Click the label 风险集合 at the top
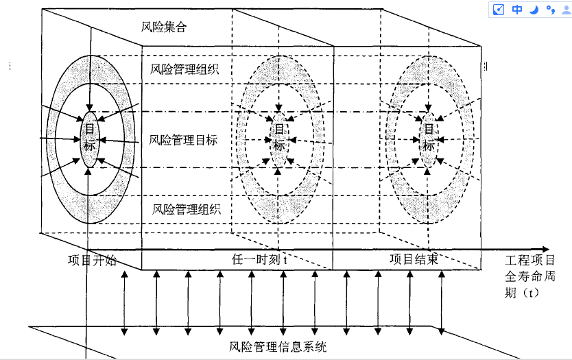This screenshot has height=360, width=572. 163,28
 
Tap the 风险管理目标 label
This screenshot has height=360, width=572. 183,140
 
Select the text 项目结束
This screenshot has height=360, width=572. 414,260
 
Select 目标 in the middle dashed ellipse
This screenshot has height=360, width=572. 279,136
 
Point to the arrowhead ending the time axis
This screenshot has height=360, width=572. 545,248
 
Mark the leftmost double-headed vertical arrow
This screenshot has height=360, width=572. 124,302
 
